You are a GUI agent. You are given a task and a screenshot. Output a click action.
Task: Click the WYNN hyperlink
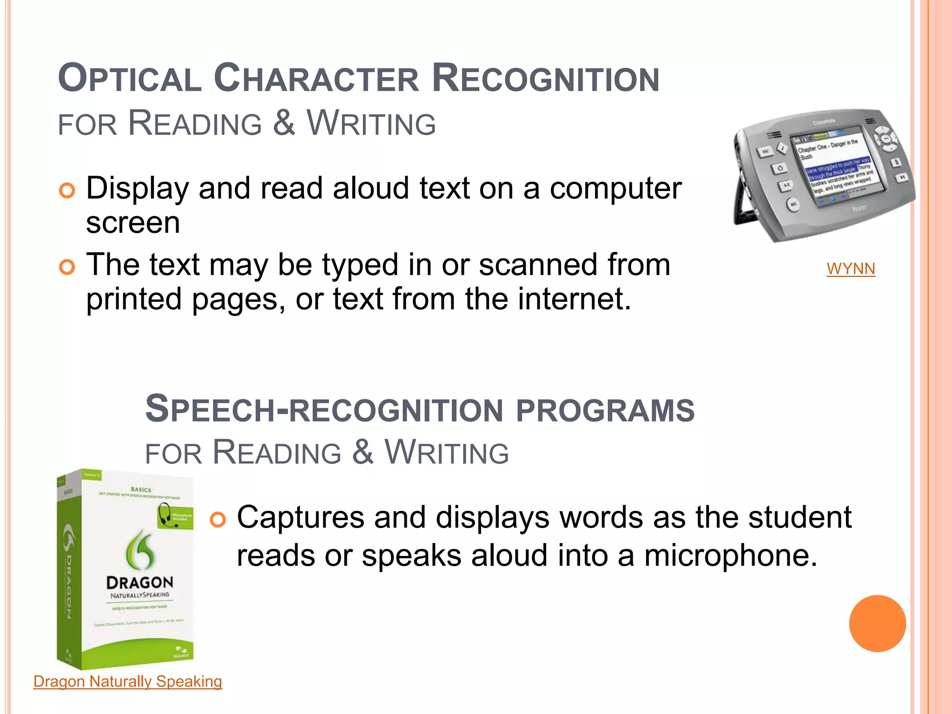[851, 269]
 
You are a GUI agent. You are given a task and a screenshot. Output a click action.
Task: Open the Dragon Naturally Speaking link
[128, 681]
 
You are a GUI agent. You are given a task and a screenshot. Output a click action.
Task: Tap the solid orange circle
[877, 623]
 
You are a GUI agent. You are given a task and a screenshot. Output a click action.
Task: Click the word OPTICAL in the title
[130, 79]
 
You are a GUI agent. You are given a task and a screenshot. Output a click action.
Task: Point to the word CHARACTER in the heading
[316, 79]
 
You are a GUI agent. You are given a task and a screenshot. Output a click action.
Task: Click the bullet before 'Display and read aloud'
[67, 191]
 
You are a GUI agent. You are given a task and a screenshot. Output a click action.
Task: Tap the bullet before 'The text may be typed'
[67, 267]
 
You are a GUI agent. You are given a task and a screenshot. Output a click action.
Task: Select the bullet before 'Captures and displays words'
[218, 519]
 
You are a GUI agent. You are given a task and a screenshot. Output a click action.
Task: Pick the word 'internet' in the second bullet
[569, 298]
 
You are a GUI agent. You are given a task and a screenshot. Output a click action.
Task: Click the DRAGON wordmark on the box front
[139, 582]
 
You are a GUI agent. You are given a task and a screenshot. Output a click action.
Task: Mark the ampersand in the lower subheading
[363, 452]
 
